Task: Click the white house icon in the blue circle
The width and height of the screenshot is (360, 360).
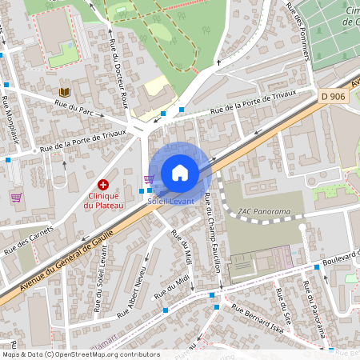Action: click(180, 172)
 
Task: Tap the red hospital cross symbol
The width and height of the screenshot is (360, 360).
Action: click(103, 185)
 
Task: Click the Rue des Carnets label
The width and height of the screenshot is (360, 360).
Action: click(27, 241)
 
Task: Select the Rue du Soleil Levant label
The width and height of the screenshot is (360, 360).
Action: click(102, 275)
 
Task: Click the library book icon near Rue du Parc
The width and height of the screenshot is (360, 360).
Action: click(64, 92)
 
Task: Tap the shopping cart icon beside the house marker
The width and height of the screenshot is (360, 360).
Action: click(148, 180)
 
